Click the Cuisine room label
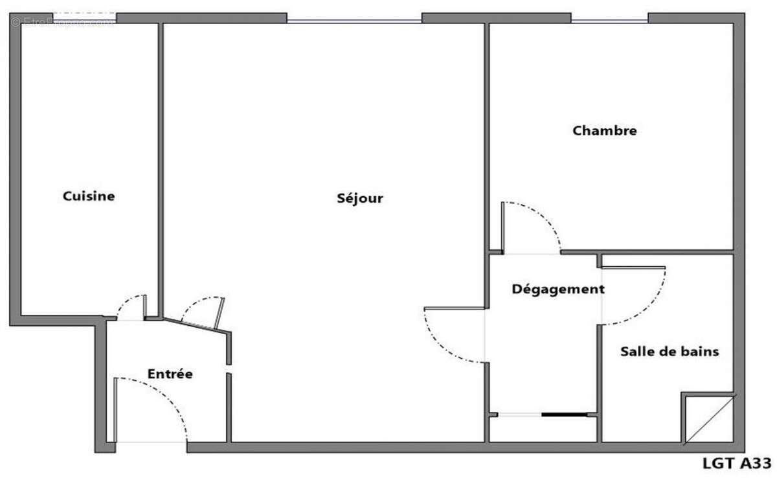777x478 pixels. click(89, 196)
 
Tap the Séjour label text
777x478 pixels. click(359, 198)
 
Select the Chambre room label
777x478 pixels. click(605, 131)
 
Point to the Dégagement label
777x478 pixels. click(558, 289)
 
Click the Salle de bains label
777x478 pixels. click(670, 352)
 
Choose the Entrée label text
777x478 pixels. click(170, 374)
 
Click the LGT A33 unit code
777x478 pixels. click(736, 463)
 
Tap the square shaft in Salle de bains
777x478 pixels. click(708, 418)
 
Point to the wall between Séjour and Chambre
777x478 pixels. click(486, 130)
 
